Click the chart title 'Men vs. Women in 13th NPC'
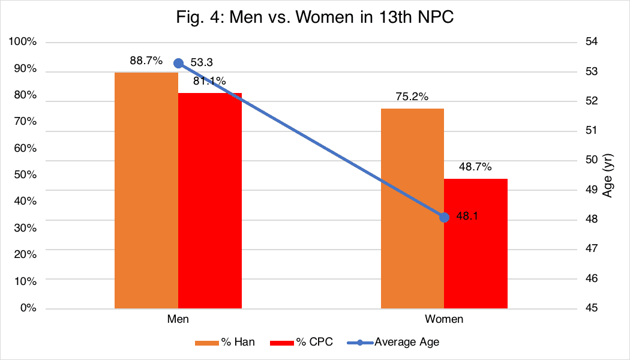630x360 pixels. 314,18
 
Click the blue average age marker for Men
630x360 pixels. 178,63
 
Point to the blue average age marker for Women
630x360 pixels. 444,217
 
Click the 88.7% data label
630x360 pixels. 146,61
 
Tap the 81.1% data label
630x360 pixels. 209,81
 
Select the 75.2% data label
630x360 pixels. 412,97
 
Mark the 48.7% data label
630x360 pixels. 475,167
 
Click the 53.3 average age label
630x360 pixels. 202,62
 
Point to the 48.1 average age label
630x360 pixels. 467,217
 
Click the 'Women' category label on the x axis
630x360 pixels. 444,319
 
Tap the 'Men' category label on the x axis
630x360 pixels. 178,319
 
